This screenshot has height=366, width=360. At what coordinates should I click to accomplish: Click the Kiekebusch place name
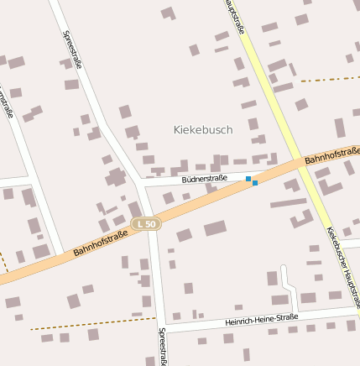tap(202, 130)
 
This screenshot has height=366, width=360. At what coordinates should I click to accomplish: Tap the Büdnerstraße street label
tap(204, 179)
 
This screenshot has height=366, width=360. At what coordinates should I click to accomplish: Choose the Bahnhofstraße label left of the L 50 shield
tap(100, 243)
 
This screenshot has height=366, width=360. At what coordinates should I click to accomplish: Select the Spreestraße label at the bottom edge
tap(161, 346)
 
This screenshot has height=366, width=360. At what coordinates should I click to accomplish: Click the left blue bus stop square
tap(248, 179)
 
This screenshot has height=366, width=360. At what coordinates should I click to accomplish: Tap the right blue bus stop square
tap(255, 182)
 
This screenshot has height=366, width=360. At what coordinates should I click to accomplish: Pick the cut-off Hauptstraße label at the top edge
tap(236, 17)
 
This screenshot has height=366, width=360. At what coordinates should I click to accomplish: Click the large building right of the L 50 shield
tap(215, 228)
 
